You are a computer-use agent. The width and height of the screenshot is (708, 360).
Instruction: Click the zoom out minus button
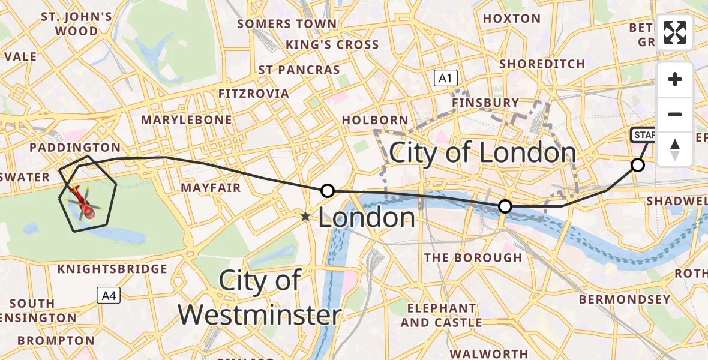click(675, 115)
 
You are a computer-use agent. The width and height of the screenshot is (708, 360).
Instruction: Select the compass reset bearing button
click(675, 149)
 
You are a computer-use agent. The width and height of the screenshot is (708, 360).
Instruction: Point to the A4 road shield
click(109, 295)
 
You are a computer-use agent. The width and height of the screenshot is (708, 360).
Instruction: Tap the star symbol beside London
click(306, 217)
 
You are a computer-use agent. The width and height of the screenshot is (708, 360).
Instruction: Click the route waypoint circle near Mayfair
click(327, 191)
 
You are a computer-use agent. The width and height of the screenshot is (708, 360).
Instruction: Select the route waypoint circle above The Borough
click(505, 206)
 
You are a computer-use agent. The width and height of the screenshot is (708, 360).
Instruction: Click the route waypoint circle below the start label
click(637, 164)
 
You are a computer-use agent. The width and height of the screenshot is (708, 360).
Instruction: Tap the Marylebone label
click(186, 120)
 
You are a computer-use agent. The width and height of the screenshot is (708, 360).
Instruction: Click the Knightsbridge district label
click(112, 269)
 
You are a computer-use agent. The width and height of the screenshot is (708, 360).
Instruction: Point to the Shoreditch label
click(542, 64)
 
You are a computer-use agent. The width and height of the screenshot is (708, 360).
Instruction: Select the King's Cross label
click(332, 44)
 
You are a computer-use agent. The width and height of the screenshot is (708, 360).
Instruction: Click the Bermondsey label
click(624, 299)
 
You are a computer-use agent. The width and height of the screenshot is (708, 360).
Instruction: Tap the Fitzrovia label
click(253, 94)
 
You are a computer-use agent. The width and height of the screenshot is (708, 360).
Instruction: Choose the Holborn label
click(375, 120)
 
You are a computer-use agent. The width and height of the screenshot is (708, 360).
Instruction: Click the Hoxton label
click(512, 19)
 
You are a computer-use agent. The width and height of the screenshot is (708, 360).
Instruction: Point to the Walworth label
click(489, 353)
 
